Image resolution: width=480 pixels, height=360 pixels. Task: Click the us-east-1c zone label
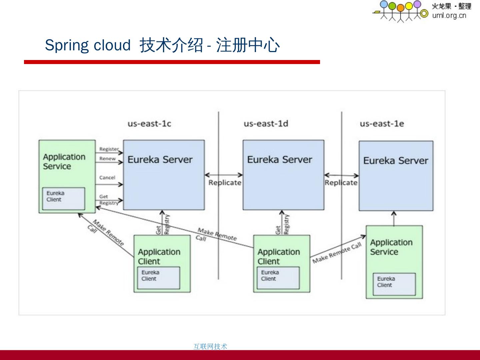149,124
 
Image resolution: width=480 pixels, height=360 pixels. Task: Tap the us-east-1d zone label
266,124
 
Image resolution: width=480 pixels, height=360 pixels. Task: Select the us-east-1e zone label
382,124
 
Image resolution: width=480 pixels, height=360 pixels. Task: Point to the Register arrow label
109,149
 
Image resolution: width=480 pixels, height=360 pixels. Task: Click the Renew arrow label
107,159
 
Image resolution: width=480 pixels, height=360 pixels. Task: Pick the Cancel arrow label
107,178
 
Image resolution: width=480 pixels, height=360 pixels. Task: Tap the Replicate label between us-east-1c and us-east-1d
225,183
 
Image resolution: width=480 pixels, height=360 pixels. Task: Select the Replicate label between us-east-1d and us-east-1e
341,183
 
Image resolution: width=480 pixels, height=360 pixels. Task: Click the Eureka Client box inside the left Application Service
64,198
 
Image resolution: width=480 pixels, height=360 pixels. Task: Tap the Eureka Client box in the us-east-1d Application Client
278,278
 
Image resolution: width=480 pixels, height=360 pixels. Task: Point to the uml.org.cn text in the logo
449,15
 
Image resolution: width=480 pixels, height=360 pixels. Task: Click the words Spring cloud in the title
88,45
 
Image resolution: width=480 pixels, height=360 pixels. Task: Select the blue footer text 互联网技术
210,346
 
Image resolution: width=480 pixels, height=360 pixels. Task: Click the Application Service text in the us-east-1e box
391,247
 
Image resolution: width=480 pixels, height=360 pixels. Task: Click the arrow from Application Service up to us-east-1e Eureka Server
394,218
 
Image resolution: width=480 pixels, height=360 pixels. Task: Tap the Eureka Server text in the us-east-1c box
160,160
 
